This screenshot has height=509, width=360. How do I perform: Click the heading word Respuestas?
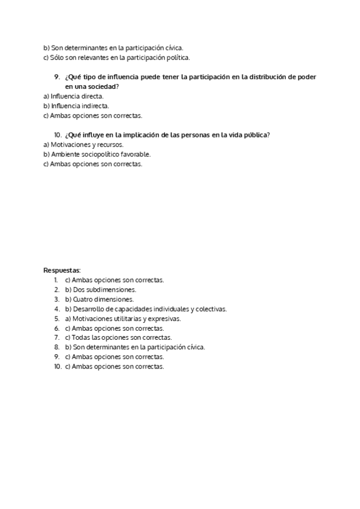62,270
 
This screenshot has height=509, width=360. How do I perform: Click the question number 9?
57,77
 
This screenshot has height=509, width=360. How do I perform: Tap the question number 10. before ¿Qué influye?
58,135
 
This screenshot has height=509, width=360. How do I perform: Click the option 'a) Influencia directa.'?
74,96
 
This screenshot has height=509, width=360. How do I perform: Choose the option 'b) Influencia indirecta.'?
76,106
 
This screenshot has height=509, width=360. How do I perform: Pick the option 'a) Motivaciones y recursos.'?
83,145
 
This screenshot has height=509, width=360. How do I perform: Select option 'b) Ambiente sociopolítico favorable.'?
97,154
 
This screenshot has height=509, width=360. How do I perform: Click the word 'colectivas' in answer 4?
210,309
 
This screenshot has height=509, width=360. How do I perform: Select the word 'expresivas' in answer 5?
166,318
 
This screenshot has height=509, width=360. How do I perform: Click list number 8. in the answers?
56,347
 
